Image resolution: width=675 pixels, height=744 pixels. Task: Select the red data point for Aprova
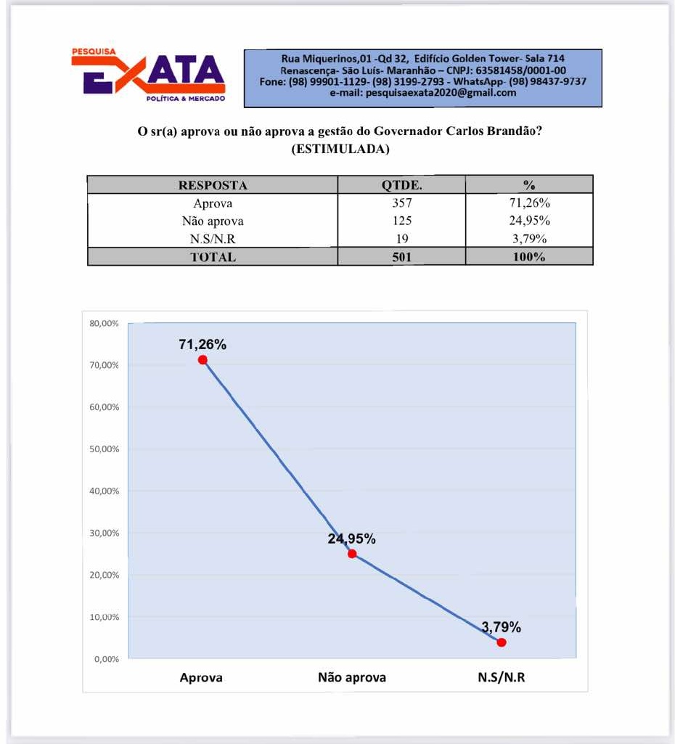pyautogui.click(x=202, y=360)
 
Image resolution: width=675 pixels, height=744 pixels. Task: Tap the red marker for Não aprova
pyautogui.click(x=352, y=554)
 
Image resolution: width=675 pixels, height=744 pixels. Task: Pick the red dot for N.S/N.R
pyautogui.click(x=502, y=642)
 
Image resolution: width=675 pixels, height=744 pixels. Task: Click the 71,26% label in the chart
pyautogui.click(x=202, y=344)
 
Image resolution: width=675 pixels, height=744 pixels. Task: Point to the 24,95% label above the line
pyautogui.click(x=351, y=539)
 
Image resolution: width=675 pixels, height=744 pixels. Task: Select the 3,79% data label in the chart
pyautogui.click(x=501, y=627)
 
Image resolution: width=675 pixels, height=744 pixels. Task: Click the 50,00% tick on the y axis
pyautogui.click(x=105, y=449)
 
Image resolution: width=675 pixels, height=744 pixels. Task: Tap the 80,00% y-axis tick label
pyautogui.click(x=105, y=323)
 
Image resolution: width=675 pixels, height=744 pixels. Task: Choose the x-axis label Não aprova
pyautogui.click(x=352, y=678)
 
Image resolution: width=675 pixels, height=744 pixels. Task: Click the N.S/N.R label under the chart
pyautogui.click(x=501, y=678)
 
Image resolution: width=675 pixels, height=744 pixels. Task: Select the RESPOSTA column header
pyautogui.click(x=213, y=185)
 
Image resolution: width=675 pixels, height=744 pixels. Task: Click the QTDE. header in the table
pyautogui.click(x=401, y=185)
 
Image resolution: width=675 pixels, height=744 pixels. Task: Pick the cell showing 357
pyautogui.click(x=401, y=203)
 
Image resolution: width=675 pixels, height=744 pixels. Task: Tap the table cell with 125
pyautogui.click(x=401, y=221)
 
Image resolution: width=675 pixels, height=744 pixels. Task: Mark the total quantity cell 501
pyautogui.click(x=401, y=257)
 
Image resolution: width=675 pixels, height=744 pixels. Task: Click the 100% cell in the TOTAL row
pyautogui.click(x=528, y=257)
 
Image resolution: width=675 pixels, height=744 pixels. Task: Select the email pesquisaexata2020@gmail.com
pyautogui.click(x=423, y=93)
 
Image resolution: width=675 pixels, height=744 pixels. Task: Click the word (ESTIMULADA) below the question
pyautogui.click(x=340, y=150)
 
